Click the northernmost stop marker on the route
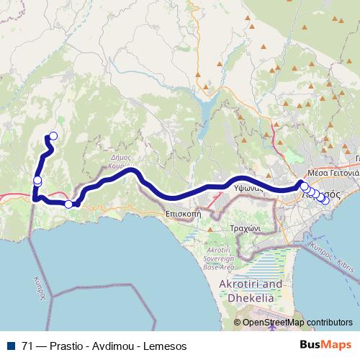point(52,135)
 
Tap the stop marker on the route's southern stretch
point(68,204)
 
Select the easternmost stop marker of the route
point(325,200)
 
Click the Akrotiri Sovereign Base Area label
point(218,256)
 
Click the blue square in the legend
point(10,346)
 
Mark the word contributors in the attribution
point(328,323)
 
